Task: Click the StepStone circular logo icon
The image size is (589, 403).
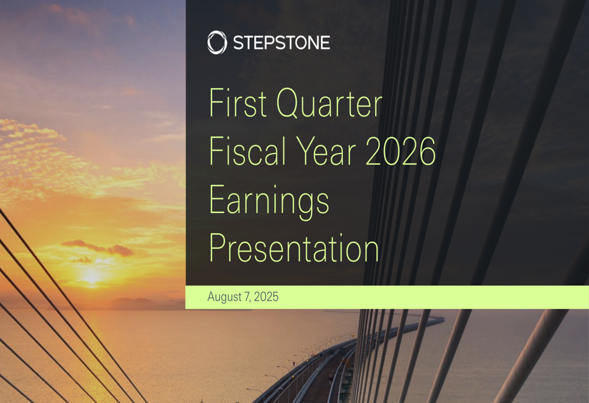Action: (217, 43)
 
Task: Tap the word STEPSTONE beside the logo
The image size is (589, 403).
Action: (281, 43)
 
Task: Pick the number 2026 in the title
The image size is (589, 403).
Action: (401, 152)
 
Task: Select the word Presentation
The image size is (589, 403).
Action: (294, 248)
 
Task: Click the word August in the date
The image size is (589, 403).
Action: (224, 297)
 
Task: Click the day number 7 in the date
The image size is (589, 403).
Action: (247, 297)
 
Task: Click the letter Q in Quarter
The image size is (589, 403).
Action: (289, 103)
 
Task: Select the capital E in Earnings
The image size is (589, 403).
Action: (217, 200)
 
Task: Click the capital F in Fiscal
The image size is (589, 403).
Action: (216, 151)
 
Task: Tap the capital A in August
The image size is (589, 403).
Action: (211, 297)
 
